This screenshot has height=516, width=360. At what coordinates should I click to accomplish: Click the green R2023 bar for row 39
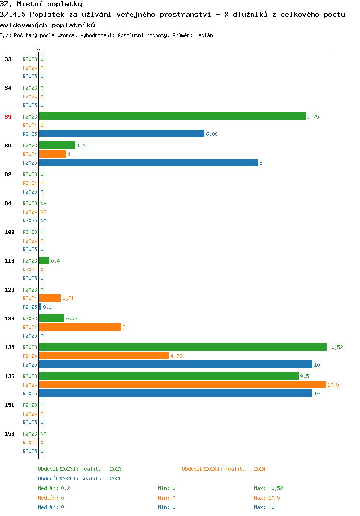point(172,116)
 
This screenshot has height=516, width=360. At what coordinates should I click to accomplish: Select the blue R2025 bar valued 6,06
point(121,134)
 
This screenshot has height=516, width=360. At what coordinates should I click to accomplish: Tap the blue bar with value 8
point(148,162)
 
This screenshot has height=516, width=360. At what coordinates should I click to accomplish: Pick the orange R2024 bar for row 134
point(80,327)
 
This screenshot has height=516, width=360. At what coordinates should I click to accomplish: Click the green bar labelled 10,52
point(183,347)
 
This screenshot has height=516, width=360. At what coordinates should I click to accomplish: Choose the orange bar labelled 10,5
point(182,384)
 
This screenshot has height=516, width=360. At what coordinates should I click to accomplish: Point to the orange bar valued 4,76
point(104,356)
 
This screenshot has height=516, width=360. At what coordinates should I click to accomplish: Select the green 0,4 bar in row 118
point(44,260)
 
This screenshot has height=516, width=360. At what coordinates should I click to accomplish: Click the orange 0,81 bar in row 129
point(50,298)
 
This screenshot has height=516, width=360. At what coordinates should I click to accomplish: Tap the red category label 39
point(8,117)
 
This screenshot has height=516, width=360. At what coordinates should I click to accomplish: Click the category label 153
point(10,434)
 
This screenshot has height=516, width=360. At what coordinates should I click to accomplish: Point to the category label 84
point(8,203)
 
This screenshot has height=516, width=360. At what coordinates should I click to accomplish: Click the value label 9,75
point(313,117)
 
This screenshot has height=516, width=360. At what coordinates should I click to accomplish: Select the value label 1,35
point(83,146)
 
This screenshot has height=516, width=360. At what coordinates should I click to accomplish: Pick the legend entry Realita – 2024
point(224,469)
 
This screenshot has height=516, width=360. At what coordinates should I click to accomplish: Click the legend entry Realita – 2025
point(80,479)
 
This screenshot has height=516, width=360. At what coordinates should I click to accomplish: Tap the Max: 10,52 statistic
point(268,488)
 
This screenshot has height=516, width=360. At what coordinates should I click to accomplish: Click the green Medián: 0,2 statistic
point(54,488)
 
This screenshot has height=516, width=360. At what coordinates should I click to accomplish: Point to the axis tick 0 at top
point(38,49)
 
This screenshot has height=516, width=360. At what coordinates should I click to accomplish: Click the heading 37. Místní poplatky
point(41,4)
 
